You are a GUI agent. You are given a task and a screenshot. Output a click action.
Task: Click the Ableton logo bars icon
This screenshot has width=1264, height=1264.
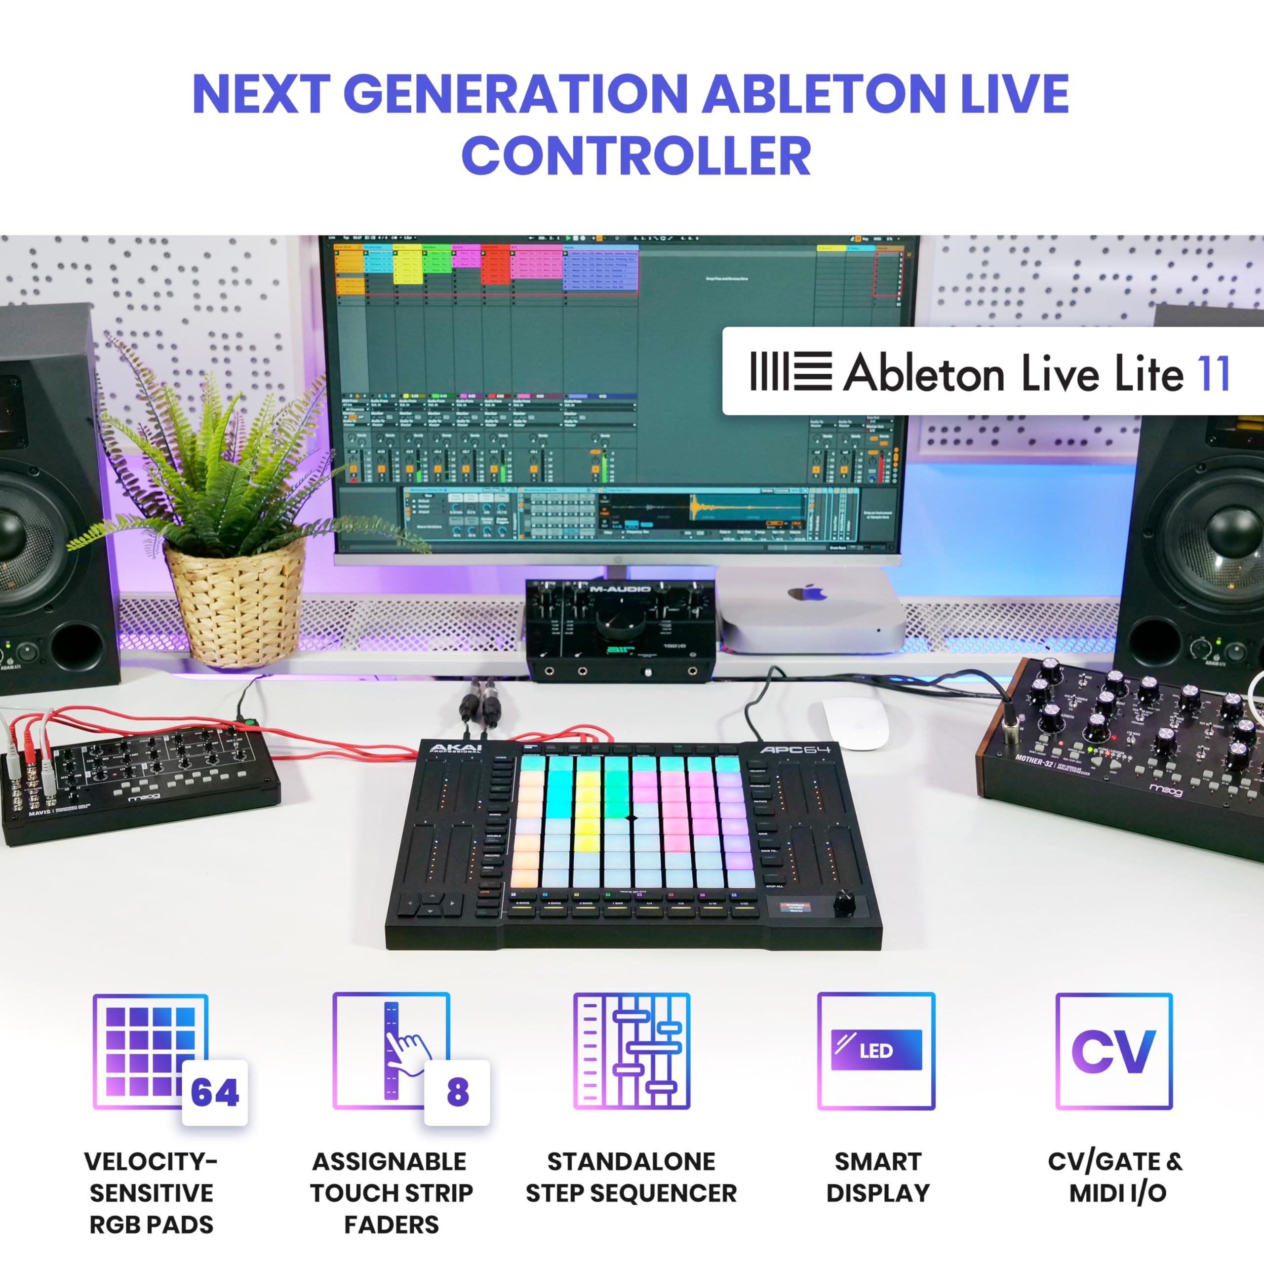click(x=791, y=371)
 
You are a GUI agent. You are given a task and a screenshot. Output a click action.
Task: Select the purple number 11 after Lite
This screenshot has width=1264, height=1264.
click(x=1214, y=374)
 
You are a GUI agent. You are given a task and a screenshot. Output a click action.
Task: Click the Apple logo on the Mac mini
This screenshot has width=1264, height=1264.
click(x=809, y=592)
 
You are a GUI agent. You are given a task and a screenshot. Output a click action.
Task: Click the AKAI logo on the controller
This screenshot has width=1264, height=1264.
click(x=456, y=748)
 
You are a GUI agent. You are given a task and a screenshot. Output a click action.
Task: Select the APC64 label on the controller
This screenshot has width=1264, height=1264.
click(x=795, y=749)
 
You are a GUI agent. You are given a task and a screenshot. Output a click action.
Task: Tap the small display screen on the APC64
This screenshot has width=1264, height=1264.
click(x=795, y=908)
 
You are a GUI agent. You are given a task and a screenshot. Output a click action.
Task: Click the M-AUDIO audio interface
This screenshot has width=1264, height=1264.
click(x=620, y=628)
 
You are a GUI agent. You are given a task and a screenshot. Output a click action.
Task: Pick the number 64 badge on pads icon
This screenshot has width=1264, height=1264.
click(x=215, y=1092)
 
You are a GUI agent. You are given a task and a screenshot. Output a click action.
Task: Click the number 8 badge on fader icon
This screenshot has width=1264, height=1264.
click(x=457, y=1092)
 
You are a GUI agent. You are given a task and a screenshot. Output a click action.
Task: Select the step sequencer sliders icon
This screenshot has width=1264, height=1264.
click(x=632, y=1051)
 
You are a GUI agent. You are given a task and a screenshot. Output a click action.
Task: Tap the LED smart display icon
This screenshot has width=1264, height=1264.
click(x=876, y=1051)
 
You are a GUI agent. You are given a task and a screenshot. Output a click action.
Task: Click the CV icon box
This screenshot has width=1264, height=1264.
click(x=1113, y=1051)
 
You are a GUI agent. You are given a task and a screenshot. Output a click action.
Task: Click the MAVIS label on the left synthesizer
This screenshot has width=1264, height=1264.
click(x=39, y=813)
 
